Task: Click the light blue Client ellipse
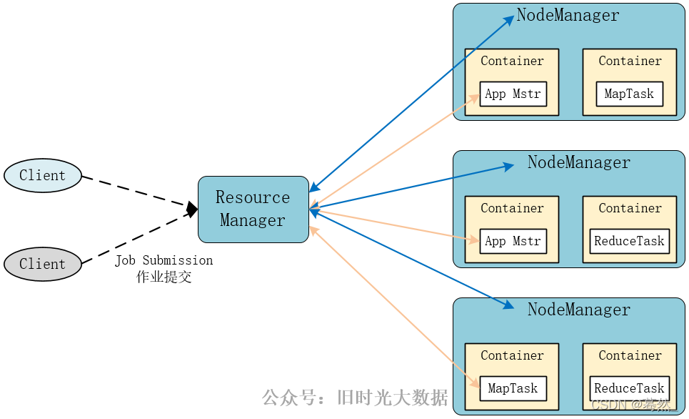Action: click(43, 175)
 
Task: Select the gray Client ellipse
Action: click(43, 264)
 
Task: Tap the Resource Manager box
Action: click(253, 209)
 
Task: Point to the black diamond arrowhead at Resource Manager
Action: click(192, 209)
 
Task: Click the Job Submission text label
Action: click(164, 260)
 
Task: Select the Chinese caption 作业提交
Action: click(164, 277)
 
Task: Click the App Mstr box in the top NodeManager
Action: click(513, 94)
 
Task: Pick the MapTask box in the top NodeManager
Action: click(629, 94)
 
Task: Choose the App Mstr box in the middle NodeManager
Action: click(513, 241)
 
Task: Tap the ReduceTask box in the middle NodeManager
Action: click(629, 241)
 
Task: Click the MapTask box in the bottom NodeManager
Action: click(513, 388)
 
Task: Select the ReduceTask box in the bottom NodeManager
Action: click(629, 388)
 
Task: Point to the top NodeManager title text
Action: click(568, 15)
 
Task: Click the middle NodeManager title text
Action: click(579, 162)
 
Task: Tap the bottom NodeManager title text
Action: click(579, 310)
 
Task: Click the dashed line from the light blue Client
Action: click(135, 191)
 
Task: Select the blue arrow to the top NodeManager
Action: click(412, 104)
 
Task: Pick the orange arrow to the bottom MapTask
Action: click(395, 307)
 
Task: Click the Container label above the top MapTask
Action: click(630, 61)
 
